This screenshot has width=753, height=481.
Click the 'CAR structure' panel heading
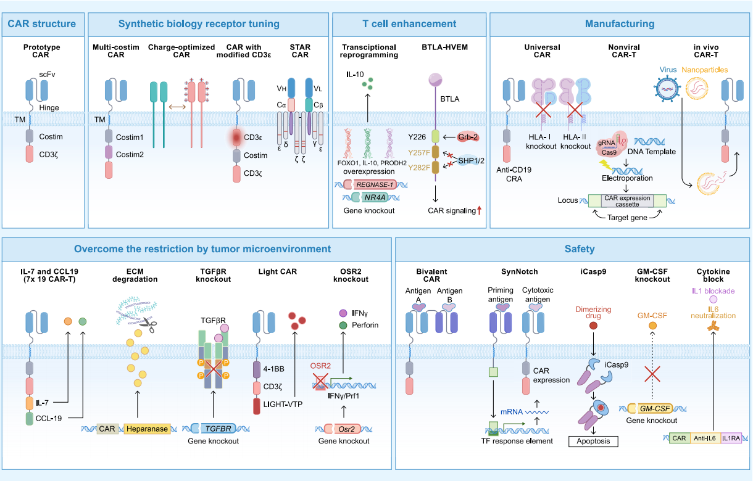(42, 24)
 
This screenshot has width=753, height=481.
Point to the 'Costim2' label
(130, 154)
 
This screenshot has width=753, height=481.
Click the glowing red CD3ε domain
(237, 137)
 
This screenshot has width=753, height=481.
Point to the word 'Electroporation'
(627, 178)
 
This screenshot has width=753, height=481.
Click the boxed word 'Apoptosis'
(593, 441)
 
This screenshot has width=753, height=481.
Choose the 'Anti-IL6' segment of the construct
(704, 438)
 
